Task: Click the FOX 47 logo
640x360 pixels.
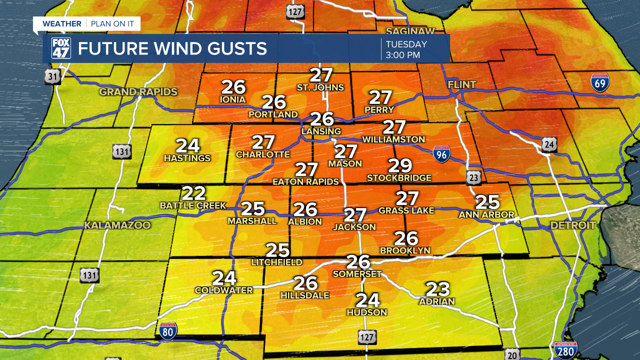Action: [x=61, y=48]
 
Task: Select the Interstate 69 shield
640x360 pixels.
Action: [x=599, y=83]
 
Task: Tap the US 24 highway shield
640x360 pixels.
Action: [x=549, y=145]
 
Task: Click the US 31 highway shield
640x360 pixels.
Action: [x=51, y=76]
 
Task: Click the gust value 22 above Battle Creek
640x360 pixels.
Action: [x=193, y=193]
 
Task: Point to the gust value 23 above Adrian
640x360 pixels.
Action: [x=437, y=289]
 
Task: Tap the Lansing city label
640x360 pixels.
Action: [x=321, y=131]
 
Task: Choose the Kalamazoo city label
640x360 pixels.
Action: [x=117, y=225]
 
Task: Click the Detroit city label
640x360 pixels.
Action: [x=573, y=225]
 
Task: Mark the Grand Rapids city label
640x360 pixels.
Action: [x=138, y=92]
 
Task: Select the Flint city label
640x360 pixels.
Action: [x=462, y=85]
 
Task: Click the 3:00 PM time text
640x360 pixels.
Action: [x=402, y=55]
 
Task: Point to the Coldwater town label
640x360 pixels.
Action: [x=224, y=290]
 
